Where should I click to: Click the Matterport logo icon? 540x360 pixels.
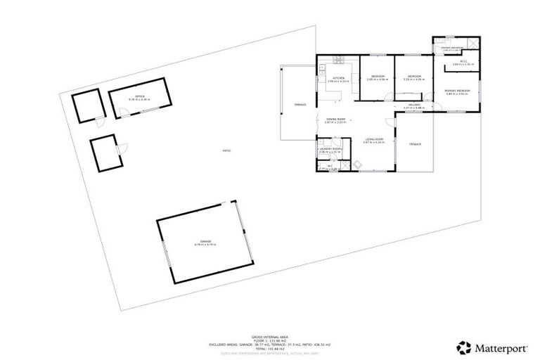tap(464, 347)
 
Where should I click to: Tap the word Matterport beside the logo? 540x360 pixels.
tap(498, 347)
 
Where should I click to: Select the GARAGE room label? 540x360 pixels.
tap(205, 242)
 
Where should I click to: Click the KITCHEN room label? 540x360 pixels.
tap(338, 78)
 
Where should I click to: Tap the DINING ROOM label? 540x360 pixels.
tap(335, 120)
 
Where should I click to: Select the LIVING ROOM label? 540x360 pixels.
tap(373, 140)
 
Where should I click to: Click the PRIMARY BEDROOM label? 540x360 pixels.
tap(457, 91)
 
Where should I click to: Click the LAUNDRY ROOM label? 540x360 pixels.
tap(329, 149)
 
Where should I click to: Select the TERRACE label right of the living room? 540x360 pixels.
tap(415, 144)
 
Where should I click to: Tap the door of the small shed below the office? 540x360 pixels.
tap(122, 148)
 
